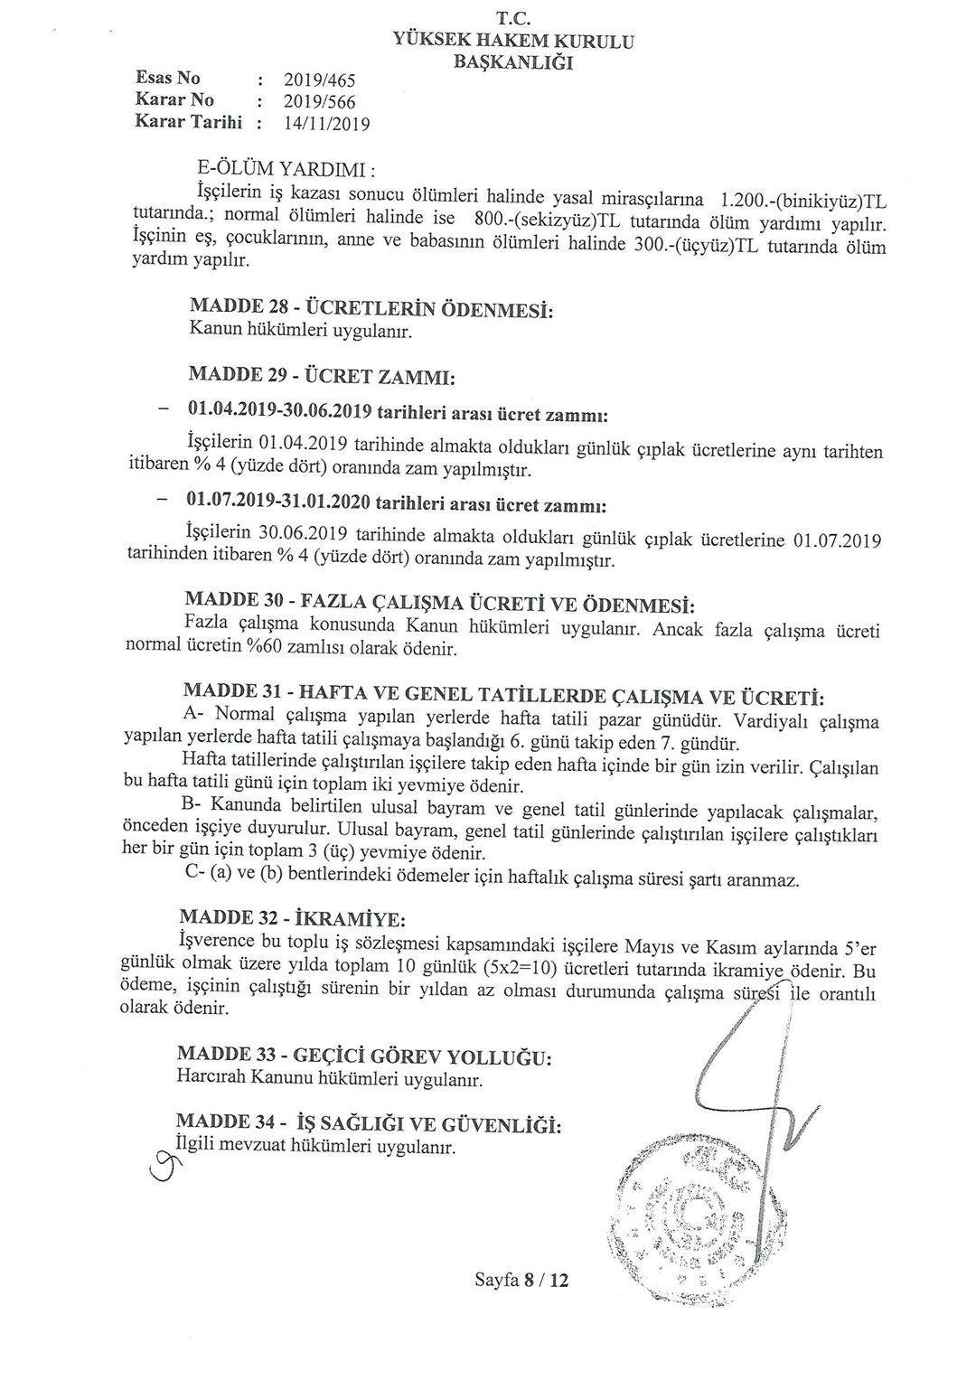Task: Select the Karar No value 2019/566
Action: [319, 103]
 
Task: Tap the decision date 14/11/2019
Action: [326, 125]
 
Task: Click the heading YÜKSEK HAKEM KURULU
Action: [513, 41]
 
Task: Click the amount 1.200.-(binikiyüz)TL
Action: [799, 199]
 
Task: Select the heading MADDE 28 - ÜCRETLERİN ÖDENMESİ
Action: [371, 309]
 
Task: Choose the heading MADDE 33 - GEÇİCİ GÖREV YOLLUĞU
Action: [364, 1056]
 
